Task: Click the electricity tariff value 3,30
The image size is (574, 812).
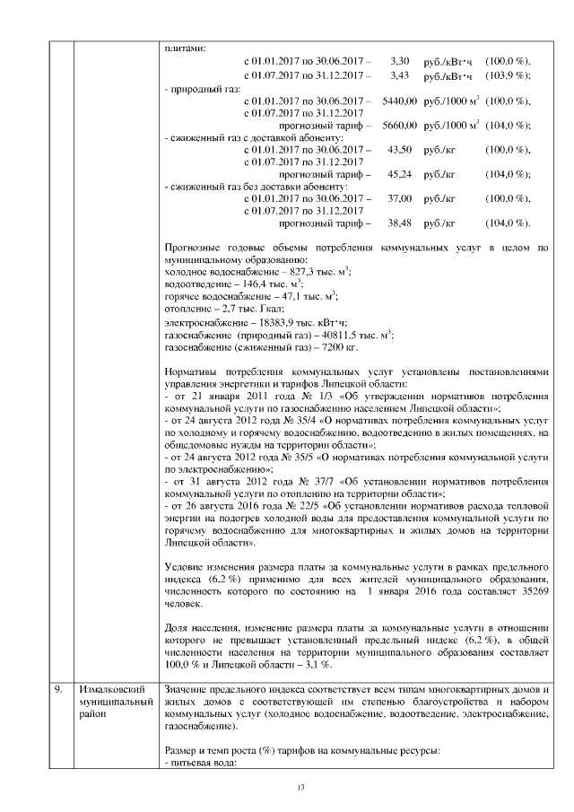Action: pos(401,60)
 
